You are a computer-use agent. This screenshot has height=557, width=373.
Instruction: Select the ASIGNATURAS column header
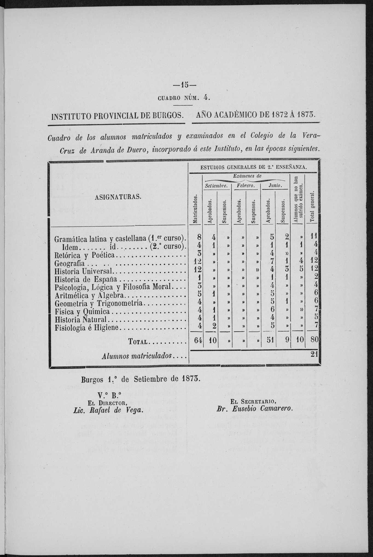118,196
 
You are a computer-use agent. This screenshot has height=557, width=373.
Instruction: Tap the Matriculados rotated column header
195,210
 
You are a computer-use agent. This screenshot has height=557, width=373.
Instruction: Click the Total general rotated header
312,206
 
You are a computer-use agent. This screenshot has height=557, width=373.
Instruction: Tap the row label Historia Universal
84,271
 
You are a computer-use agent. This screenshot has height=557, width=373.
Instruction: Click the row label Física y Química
82,312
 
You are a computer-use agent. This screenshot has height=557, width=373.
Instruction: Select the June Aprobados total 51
270,341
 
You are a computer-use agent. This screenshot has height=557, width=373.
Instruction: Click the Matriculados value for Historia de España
200,279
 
